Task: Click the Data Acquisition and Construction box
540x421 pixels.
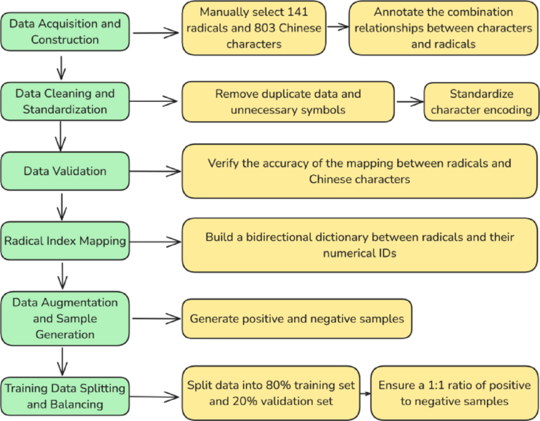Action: [65, 31]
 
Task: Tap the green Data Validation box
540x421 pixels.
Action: [65, 171]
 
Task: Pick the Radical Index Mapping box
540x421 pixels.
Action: [65, 240]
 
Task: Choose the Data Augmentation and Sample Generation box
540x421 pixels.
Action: [65, 318]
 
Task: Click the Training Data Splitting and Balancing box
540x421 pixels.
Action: [65, 396]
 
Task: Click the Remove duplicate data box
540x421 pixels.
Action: [288, 101]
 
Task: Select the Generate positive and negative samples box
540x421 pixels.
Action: [297, 318]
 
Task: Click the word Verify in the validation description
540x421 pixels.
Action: [223, 163]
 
